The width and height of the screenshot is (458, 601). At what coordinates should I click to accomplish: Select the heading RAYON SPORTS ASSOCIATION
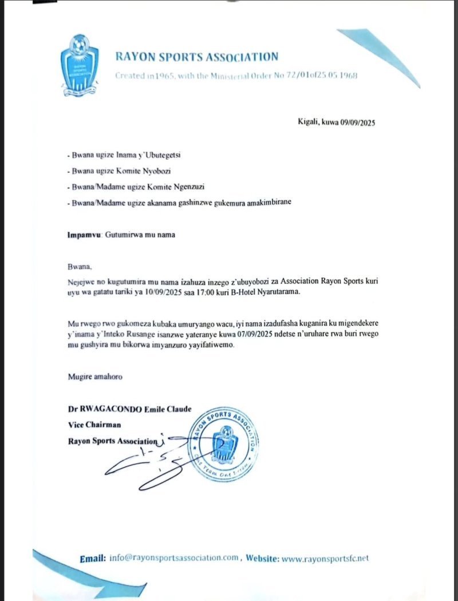pyautogui.click(x=196, y=57)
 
